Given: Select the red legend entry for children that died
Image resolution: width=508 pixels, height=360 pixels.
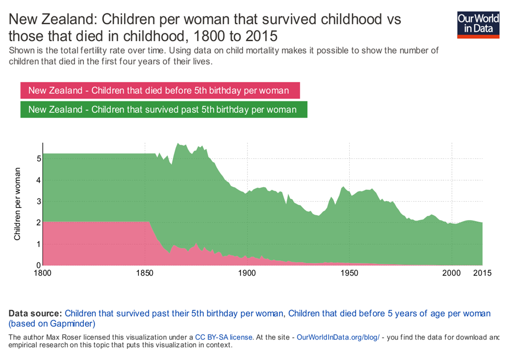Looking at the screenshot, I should pyautogui.click(x=159, y=90).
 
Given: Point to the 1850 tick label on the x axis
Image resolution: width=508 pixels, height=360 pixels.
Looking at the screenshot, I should pyautogui.click(x=144, y=274).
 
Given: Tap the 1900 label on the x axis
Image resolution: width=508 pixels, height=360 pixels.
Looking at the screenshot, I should pyautogui.click(x=247, y=274).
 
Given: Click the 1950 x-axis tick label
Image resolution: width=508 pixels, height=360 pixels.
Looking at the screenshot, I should pyautogui.click(x=349, y=274).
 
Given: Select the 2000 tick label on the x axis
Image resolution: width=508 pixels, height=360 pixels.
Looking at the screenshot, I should pyautogui.click(x=452, y=274).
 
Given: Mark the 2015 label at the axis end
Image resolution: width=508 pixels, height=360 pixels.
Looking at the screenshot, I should pyautogui.click(x=481, y=274).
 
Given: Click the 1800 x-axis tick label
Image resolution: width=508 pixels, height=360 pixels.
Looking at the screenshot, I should pyautogui.click(x=43, y=274).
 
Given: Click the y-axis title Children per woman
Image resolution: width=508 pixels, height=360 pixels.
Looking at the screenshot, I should pyautogui.click(x=17, y=204).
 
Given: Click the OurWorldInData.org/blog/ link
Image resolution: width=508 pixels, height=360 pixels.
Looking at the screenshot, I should pyautogui.click(x=338, y=337).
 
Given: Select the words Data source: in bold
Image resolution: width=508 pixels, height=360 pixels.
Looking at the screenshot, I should pyautogui.click(x=35, y=313).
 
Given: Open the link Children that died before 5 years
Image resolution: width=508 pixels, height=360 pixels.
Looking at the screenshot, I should pyautogui.click(x=389, y=313).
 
